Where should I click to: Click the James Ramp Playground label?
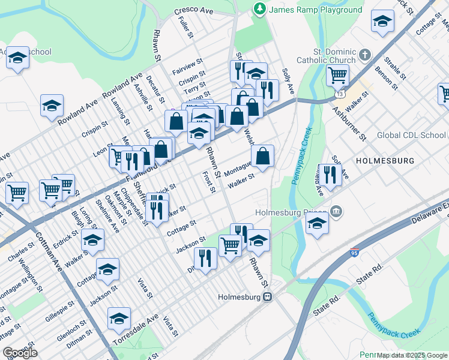click(315, 10)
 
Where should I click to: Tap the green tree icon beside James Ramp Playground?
click(260, 9)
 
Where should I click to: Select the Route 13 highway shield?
click(341, 95)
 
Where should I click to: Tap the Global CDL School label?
click(411, 135)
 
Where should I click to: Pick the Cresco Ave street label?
click(194, 11)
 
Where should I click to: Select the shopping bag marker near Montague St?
click(262, 157)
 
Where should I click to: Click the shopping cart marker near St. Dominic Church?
click(338, 76)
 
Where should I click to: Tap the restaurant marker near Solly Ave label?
click(329, 175)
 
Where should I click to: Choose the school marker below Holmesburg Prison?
click(316, 225)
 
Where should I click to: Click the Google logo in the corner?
click(20, 353)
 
